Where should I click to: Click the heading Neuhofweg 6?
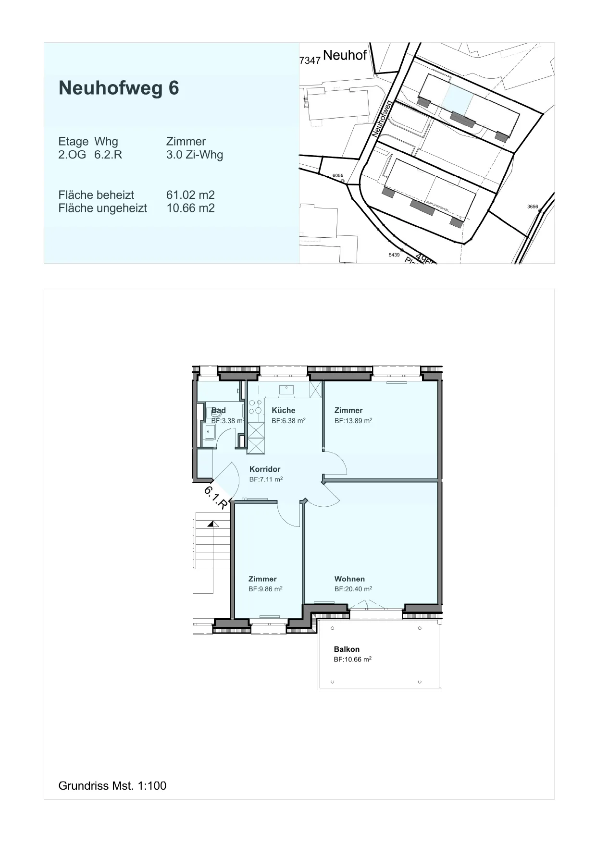(119, 88)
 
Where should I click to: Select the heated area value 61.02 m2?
(190, 195)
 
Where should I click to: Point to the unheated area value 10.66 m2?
(190, 208)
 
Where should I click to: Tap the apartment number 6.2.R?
(108, 155)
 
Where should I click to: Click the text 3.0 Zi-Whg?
(195, 155)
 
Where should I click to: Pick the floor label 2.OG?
(72, 155)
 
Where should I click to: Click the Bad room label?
(219, 410)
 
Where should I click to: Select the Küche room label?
(284, 410)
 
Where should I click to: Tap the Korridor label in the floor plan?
(265, 469)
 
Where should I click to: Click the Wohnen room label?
(349, 579)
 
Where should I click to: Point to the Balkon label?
(347, 649)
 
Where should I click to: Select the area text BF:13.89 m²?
(353, 421)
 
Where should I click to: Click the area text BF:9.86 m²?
(265, 589)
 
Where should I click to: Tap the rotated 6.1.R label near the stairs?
(216, 498)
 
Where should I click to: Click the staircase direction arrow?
(211, 524)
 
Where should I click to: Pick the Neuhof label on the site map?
(345, 55)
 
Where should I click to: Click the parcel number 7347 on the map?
(310, 61)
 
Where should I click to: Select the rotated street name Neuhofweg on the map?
(383, 119)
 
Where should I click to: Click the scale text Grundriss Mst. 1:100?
(112, 786)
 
